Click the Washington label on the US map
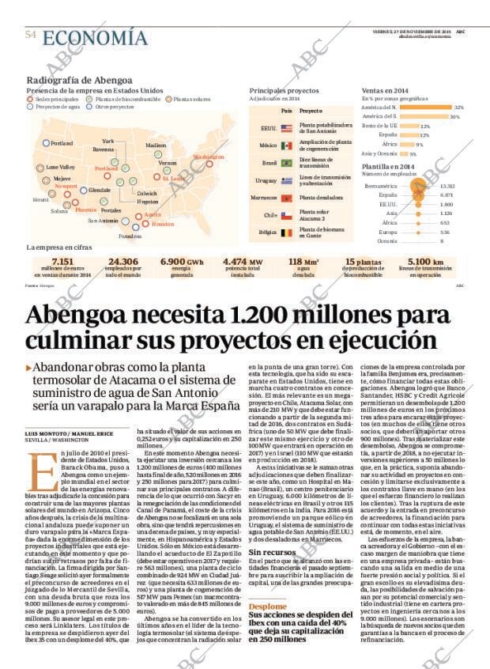point(209,157)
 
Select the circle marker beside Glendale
point(84,191)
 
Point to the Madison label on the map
point(156,146)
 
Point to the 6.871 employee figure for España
point(447,195)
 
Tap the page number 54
point(31,35)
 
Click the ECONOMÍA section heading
point(95,37)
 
